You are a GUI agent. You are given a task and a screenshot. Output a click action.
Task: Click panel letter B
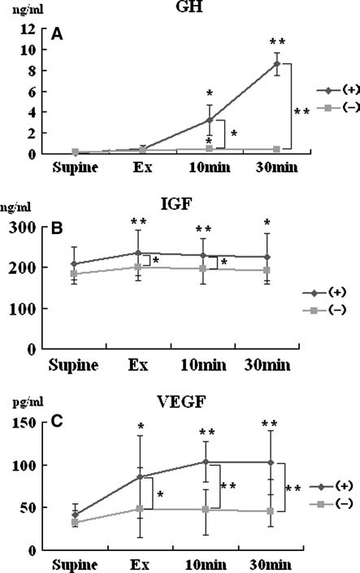57,230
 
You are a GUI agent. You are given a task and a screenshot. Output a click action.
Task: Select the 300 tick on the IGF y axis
26,228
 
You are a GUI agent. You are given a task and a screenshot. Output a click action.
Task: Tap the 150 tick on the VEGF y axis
26,423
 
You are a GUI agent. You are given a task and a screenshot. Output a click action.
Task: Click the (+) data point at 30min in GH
276,63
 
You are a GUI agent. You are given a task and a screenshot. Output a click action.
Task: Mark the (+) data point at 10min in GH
209,119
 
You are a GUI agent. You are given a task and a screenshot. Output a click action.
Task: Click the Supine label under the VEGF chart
75,563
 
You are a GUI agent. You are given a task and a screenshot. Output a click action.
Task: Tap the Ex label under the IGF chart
140,363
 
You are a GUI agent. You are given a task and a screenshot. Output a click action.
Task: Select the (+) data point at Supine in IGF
75,264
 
